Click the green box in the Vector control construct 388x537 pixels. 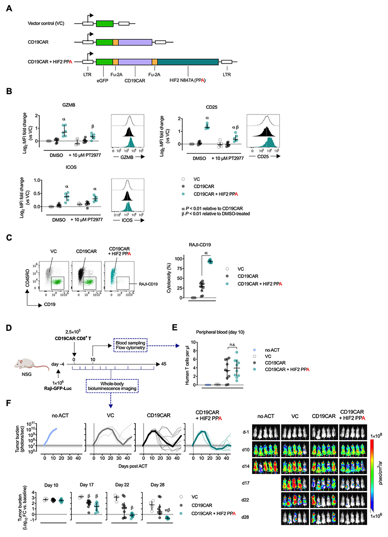[105, 23]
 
